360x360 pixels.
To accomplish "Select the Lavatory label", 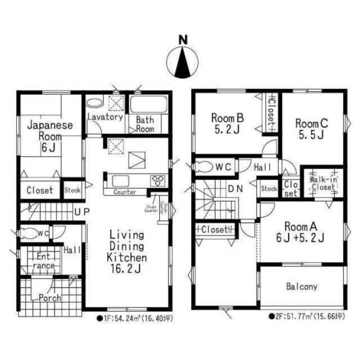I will pyautogui.click(x=105, y=117).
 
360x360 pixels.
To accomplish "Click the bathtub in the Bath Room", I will pyautogui.click(x=148, y=105).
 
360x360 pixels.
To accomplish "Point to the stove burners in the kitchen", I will pyautogui.click(x=158, y=180).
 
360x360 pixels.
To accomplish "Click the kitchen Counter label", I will pyautogui.click(x=125, y=192).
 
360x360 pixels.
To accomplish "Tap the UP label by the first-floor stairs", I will pyautogui.click(x=82, y=212).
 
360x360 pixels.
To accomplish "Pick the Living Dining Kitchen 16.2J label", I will pyautogui.click(x=126, y=252).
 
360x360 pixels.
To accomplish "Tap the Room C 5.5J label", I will pyautogui.click(x=311, y=128).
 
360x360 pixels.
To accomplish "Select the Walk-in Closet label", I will pyautogui.click(x=323, y=183).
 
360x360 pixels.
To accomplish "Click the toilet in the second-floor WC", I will pyautogui.click(x=204, y=166).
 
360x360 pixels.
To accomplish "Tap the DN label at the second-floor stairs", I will pyautogui.click(x=236, y=188).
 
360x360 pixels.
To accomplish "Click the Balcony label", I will pyautogui.click(x=302, y=287).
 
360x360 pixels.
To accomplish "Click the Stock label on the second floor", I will pyautogui.click(x=269, y=188).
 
